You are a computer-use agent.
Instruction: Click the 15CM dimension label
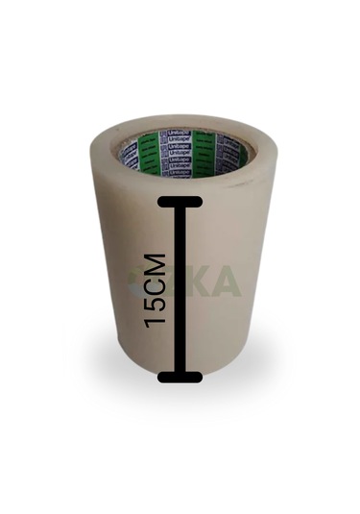(x=156, y=290)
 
